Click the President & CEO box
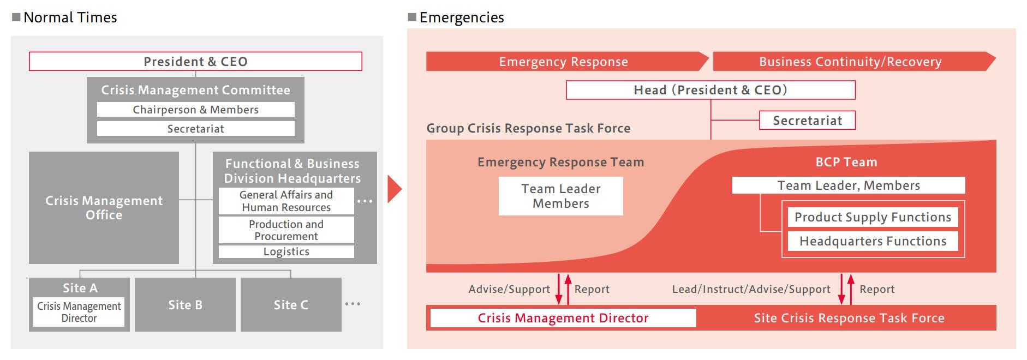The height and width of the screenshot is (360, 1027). [x=195, y=61]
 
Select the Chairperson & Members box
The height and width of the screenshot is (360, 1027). [x=195, y=110]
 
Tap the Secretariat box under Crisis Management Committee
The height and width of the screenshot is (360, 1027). [x=195, y=129]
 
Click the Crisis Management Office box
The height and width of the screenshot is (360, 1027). [x=104, y=208]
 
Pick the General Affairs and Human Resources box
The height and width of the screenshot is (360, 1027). [x=286, y=201]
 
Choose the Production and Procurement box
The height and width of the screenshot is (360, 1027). [x=286, y=230]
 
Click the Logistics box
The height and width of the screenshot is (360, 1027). [x=286, y=251]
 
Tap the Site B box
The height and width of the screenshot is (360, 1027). [x=185, y=305]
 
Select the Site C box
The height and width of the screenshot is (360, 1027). [x=291, y=305]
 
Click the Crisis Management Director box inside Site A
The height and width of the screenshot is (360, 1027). [x=79, y=312]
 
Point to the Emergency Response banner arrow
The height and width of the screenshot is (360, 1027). [x=564, y=62]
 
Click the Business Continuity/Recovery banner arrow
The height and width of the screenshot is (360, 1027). [x=850, y=62]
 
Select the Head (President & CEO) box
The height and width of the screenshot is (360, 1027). [x=710, y=90]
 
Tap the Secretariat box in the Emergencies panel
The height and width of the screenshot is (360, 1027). [x=807, y=121]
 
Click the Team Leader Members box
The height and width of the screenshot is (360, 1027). [x=560, y=196]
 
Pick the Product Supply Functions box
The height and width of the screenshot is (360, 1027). [x=873, y=217]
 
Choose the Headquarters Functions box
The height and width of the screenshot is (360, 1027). [x=873, y=241]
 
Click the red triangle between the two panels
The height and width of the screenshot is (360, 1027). [x=393, y=189]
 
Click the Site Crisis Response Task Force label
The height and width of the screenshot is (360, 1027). [x=849, y=318]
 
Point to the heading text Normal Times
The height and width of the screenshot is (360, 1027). [x=70, y=17]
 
